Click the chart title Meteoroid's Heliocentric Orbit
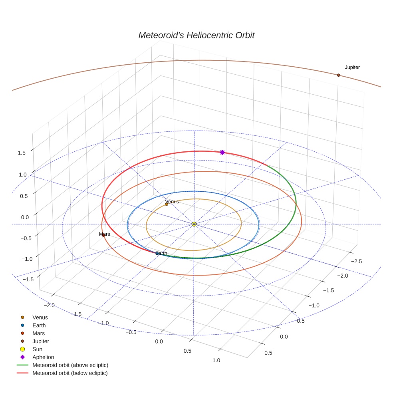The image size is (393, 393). coord(196,35)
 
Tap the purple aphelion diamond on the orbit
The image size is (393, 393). coord(222,152)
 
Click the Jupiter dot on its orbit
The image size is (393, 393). coord(338,75)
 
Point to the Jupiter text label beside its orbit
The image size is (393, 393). coord(352,67)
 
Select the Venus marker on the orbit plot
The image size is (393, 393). coord(167,204)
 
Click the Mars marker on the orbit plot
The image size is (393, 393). coord(103,235)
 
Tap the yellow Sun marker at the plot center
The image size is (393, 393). coord(194,224)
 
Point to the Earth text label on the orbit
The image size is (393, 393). coord(161,253)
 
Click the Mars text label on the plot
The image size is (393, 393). coord(104,234)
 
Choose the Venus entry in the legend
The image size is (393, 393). coord(40,318)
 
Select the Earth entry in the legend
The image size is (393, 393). coord(39,326)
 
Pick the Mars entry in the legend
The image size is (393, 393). coord(38,333)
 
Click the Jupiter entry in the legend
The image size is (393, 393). coord(41,341)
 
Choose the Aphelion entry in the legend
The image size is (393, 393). coord(43,357)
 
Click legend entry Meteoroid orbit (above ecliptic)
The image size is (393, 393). coord(70,365)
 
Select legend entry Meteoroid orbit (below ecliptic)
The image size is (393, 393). coord(70,373)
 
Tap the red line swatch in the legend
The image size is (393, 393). coord(22,373)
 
